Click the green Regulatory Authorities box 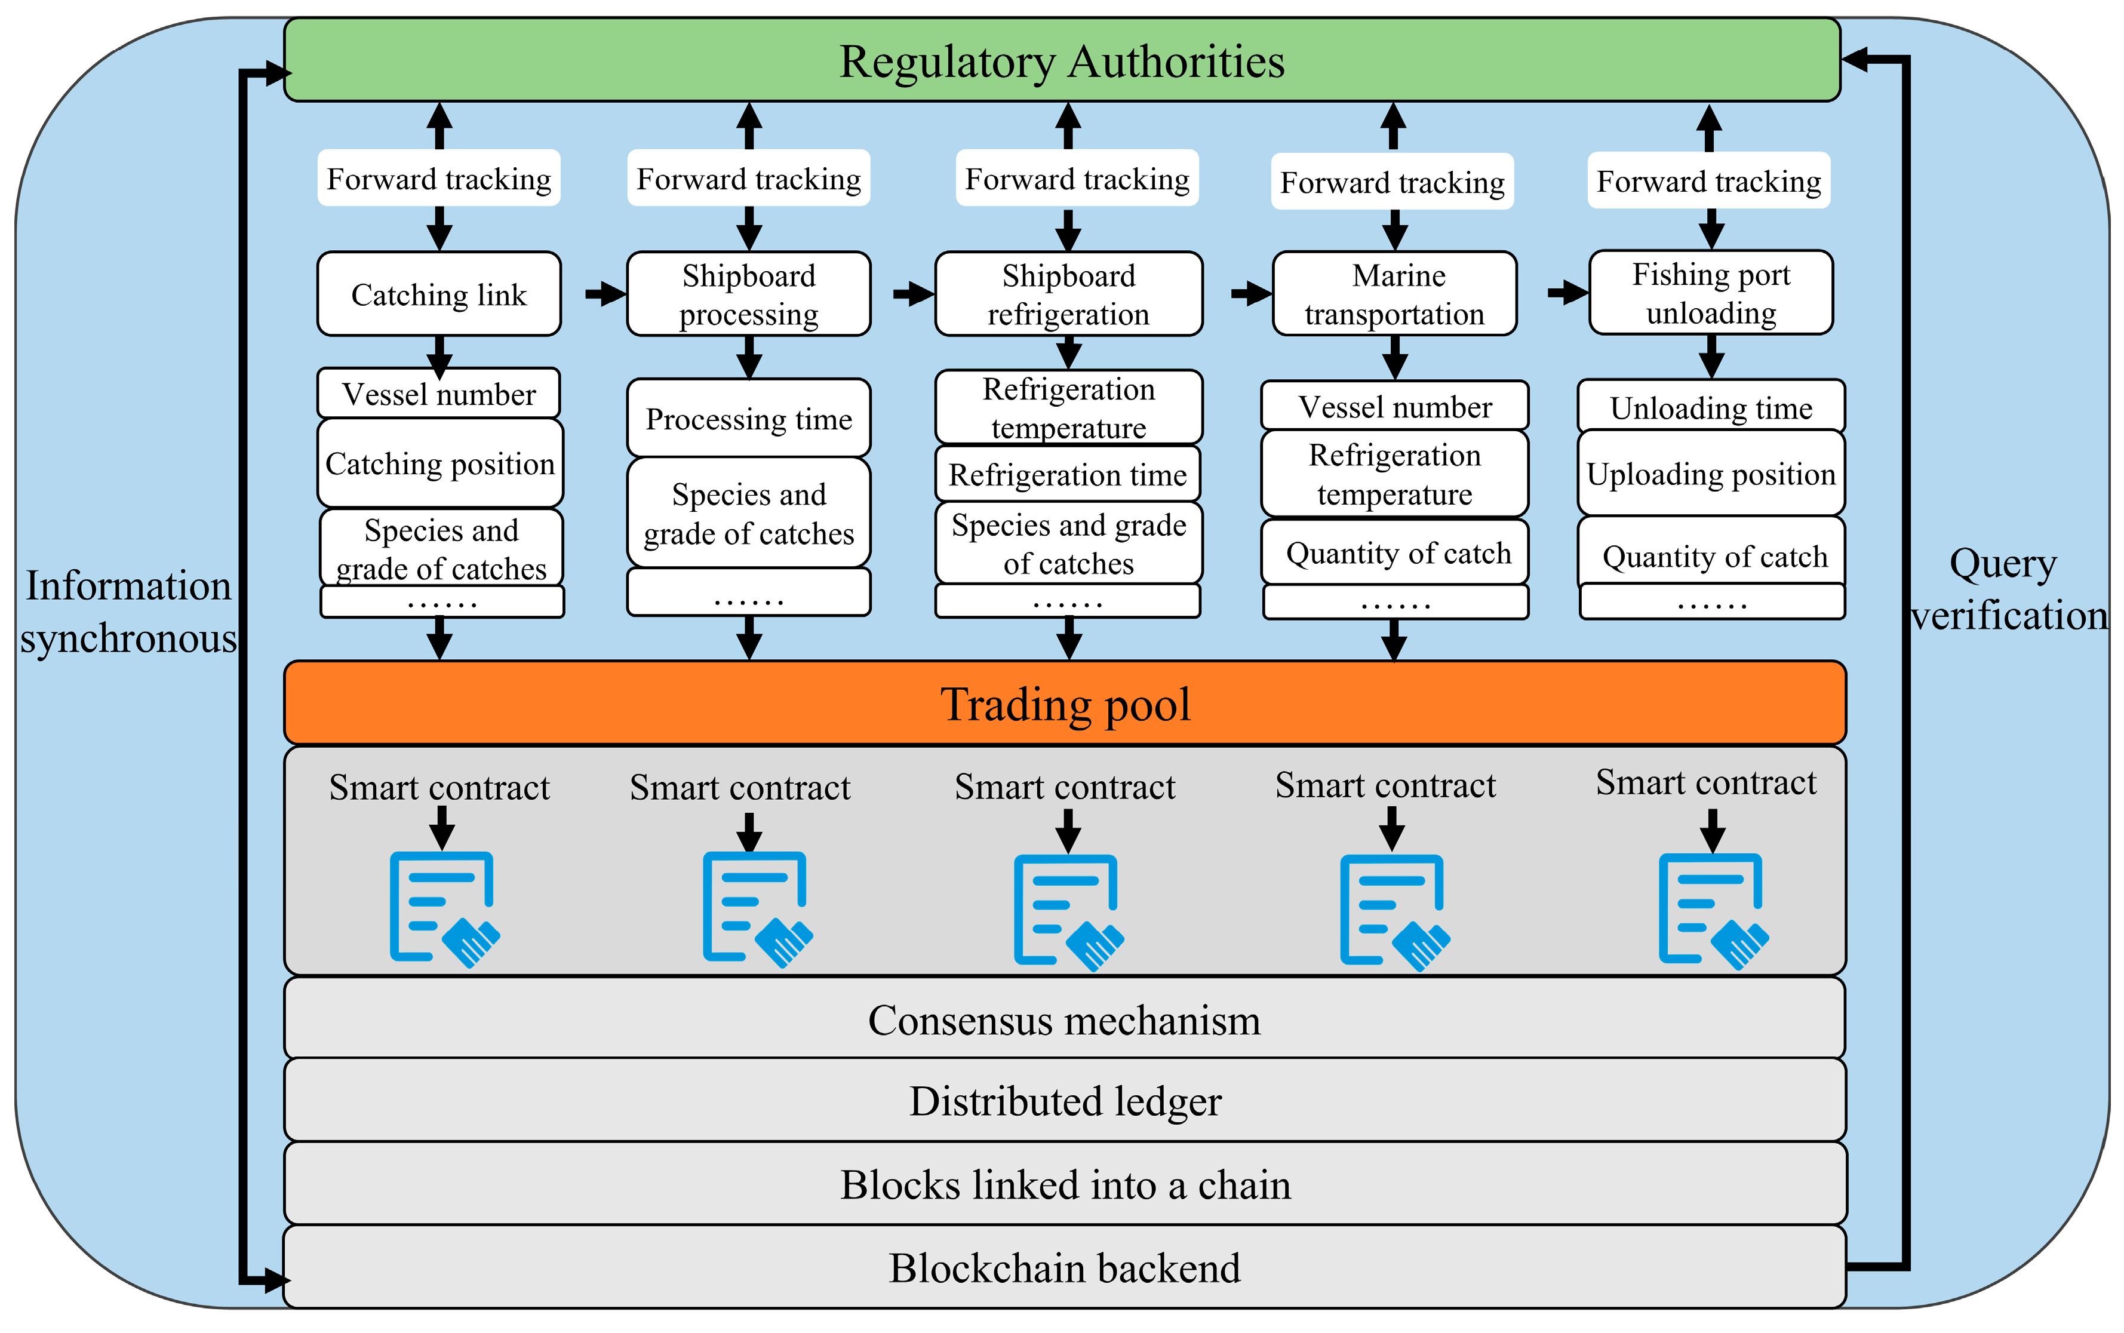1061,60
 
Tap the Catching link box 438,294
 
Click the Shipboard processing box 748,294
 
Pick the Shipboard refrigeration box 1068,294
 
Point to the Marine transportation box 1394,294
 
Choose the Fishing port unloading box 1711,293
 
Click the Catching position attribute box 439,463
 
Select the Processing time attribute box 748,418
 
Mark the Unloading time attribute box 1711,407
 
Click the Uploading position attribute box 1711,474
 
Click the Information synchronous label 128,611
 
